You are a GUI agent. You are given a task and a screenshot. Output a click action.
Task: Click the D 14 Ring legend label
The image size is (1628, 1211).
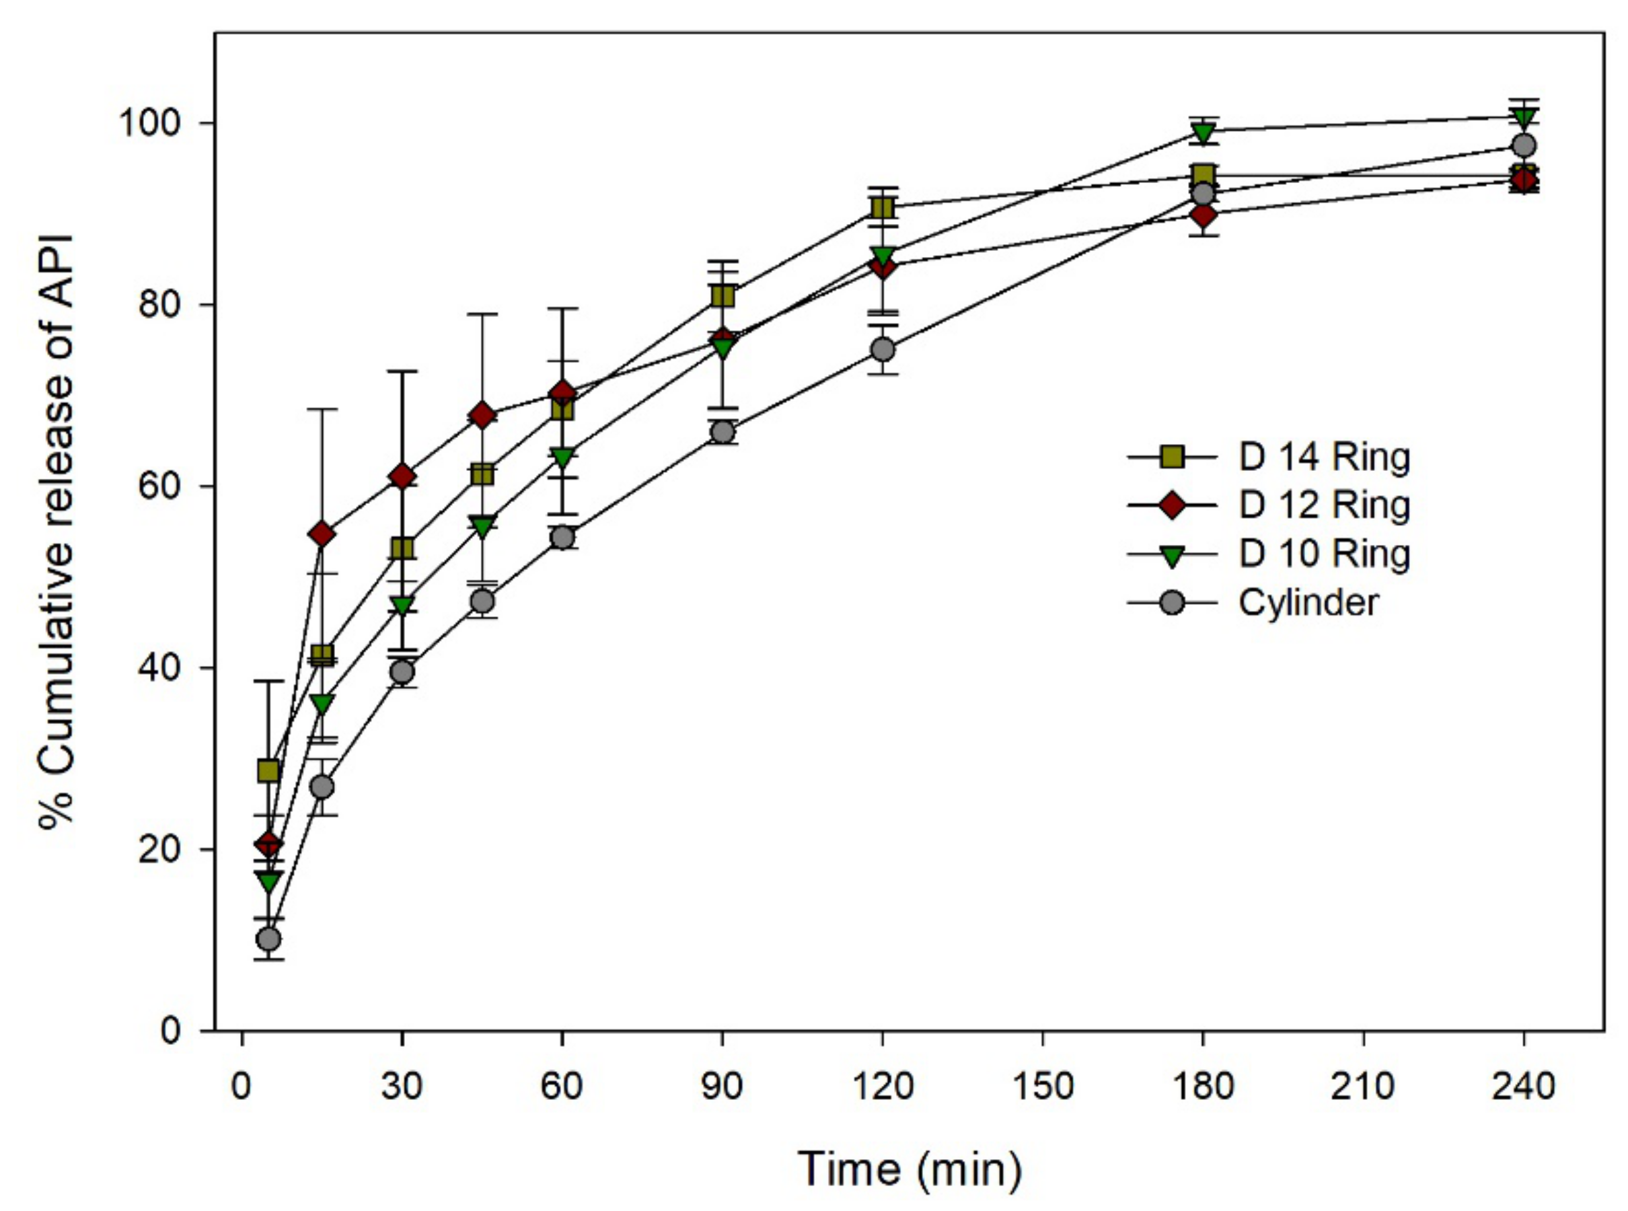click(1324, 457)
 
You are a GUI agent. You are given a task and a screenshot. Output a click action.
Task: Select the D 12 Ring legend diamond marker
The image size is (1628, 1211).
click(1172, 505)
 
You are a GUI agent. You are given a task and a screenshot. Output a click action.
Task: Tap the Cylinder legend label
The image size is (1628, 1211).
click(1308, 602)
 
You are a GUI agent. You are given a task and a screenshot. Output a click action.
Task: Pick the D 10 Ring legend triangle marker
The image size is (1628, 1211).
click(1172, 555)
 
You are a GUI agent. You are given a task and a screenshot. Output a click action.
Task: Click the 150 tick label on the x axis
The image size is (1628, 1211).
click(1041, 1086)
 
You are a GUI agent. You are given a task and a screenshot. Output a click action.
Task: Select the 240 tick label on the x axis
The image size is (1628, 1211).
click(1523, 1086)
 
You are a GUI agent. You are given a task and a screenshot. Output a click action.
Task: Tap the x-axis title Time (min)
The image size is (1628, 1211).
click(909, 1169)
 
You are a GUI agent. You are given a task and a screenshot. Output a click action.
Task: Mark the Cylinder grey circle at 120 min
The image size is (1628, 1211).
click(883, 350)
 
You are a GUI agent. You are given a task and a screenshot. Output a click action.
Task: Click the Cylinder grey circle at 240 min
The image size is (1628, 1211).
click(1524, 145)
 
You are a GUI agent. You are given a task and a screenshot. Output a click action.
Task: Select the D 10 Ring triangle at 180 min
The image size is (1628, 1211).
click(1204, 133)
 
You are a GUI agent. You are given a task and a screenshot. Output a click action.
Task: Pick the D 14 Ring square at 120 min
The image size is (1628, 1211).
click(883, 208)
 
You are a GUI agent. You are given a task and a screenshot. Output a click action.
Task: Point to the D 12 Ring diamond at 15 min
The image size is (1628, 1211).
click(322, 534)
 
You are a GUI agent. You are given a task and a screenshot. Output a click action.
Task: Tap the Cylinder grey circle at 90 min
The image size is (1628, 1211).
click(722, 433)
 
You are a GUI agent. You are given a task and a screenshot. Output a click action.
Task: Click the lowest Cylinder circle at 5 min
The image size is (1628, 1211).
click(269, 939)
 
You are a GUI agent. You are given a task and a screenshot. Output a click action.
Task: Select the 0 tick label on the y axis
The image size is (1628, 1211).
click(170, 1031)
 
